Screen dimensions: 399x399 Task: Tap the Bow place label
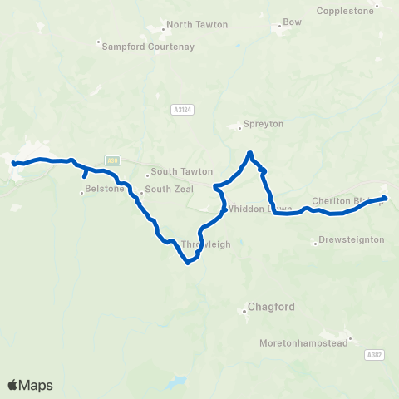(293, 22)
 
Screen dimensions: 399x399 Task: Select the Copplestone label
(347, 11)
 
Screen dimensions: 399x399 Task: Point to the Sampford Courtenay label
(148, 47)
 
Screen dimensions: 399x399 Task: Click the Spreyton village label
(264, 124)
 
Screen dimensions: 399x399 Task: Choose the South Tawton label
(175, 174)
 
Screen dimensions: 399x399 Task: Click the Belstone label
(104, 189)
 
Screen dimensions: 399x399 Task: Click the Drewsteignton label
(352, 239)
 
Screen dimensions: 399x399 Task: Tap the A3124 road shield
(183, 107)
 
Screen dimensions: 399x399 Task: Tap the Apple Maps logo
(30, 385)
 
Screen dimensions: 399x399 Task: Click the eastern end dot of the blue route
(384, 198)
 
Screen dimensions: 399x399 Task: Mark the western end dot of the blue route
(14, 164)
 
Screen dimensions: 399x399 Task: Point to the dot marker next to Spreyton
(239, 127)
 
